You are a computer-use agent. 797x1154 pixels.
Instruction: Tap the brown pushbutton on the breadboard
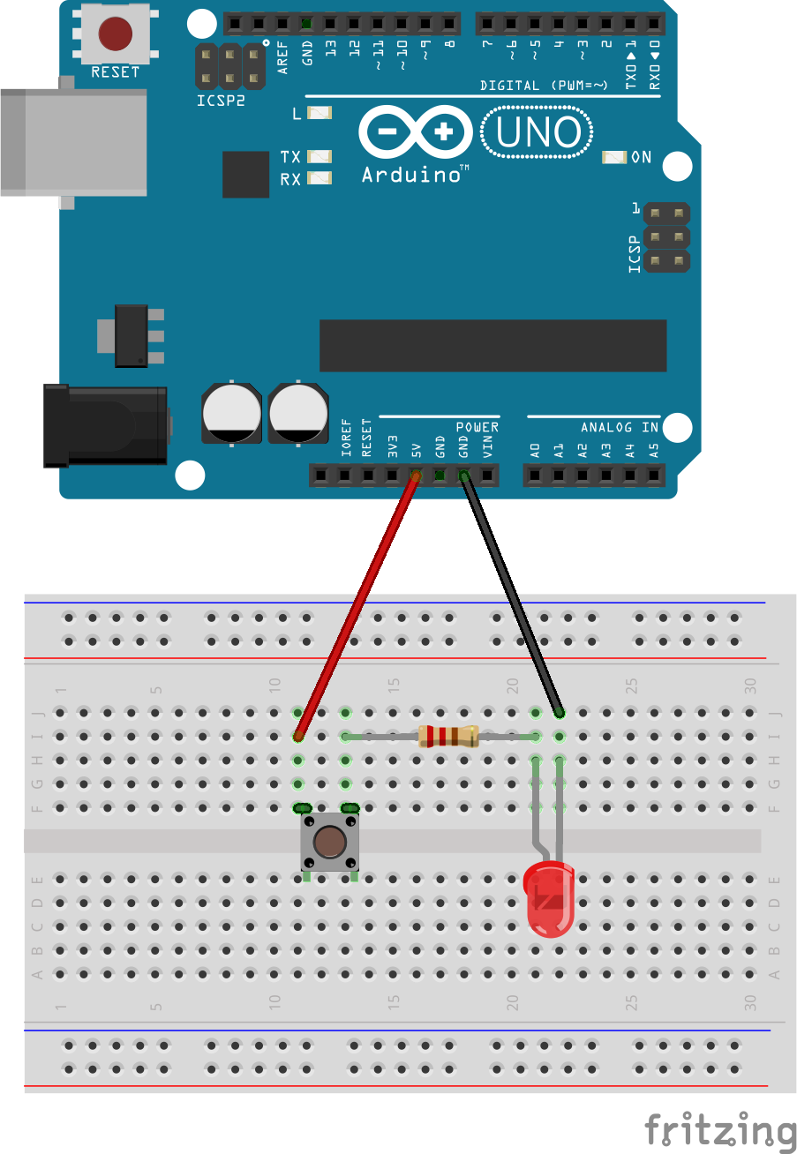point(328,843)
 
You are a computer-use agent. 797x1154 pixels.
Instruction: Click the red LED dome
point(548,895)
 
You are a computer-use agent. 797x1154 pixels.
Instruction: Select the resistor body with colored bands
point(448,735)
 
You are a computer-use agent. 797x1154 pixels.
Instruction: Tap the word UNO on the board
point(538,133)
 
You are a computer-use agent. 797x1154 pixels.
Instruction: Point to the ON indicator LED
point(613,157)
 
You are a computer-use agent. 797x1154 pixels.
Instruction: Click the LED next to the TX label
point(319,156)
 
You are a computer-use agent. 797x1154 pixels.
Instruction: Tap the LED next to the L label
point(319,113)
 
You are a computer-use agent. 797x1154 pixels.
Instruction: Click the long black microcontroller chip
point(492,346)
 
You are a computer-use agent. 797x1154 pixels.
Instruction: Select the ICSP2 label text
point(221,101)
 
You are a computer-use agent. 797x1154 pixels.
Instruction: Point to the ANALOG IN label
point(620,427)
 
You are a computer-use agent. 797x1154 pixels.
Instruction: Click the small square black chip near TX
point(245,174)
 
